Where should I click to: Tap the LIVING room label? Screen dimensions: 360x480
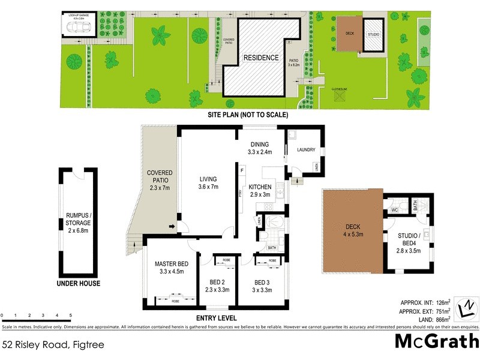(208, 183)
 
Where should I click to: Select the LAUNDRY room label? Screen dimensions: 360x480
(305, 149)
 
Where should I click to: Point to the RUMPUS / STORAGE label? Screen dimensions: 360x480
(79, 223)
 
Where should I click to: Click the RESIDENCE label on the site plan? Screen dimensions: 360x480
(260, 58)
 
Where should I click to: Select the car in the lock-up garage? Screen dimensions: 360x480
(81, 27)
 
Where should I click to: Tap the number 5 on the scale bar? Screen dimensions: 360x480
(71, 315)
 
